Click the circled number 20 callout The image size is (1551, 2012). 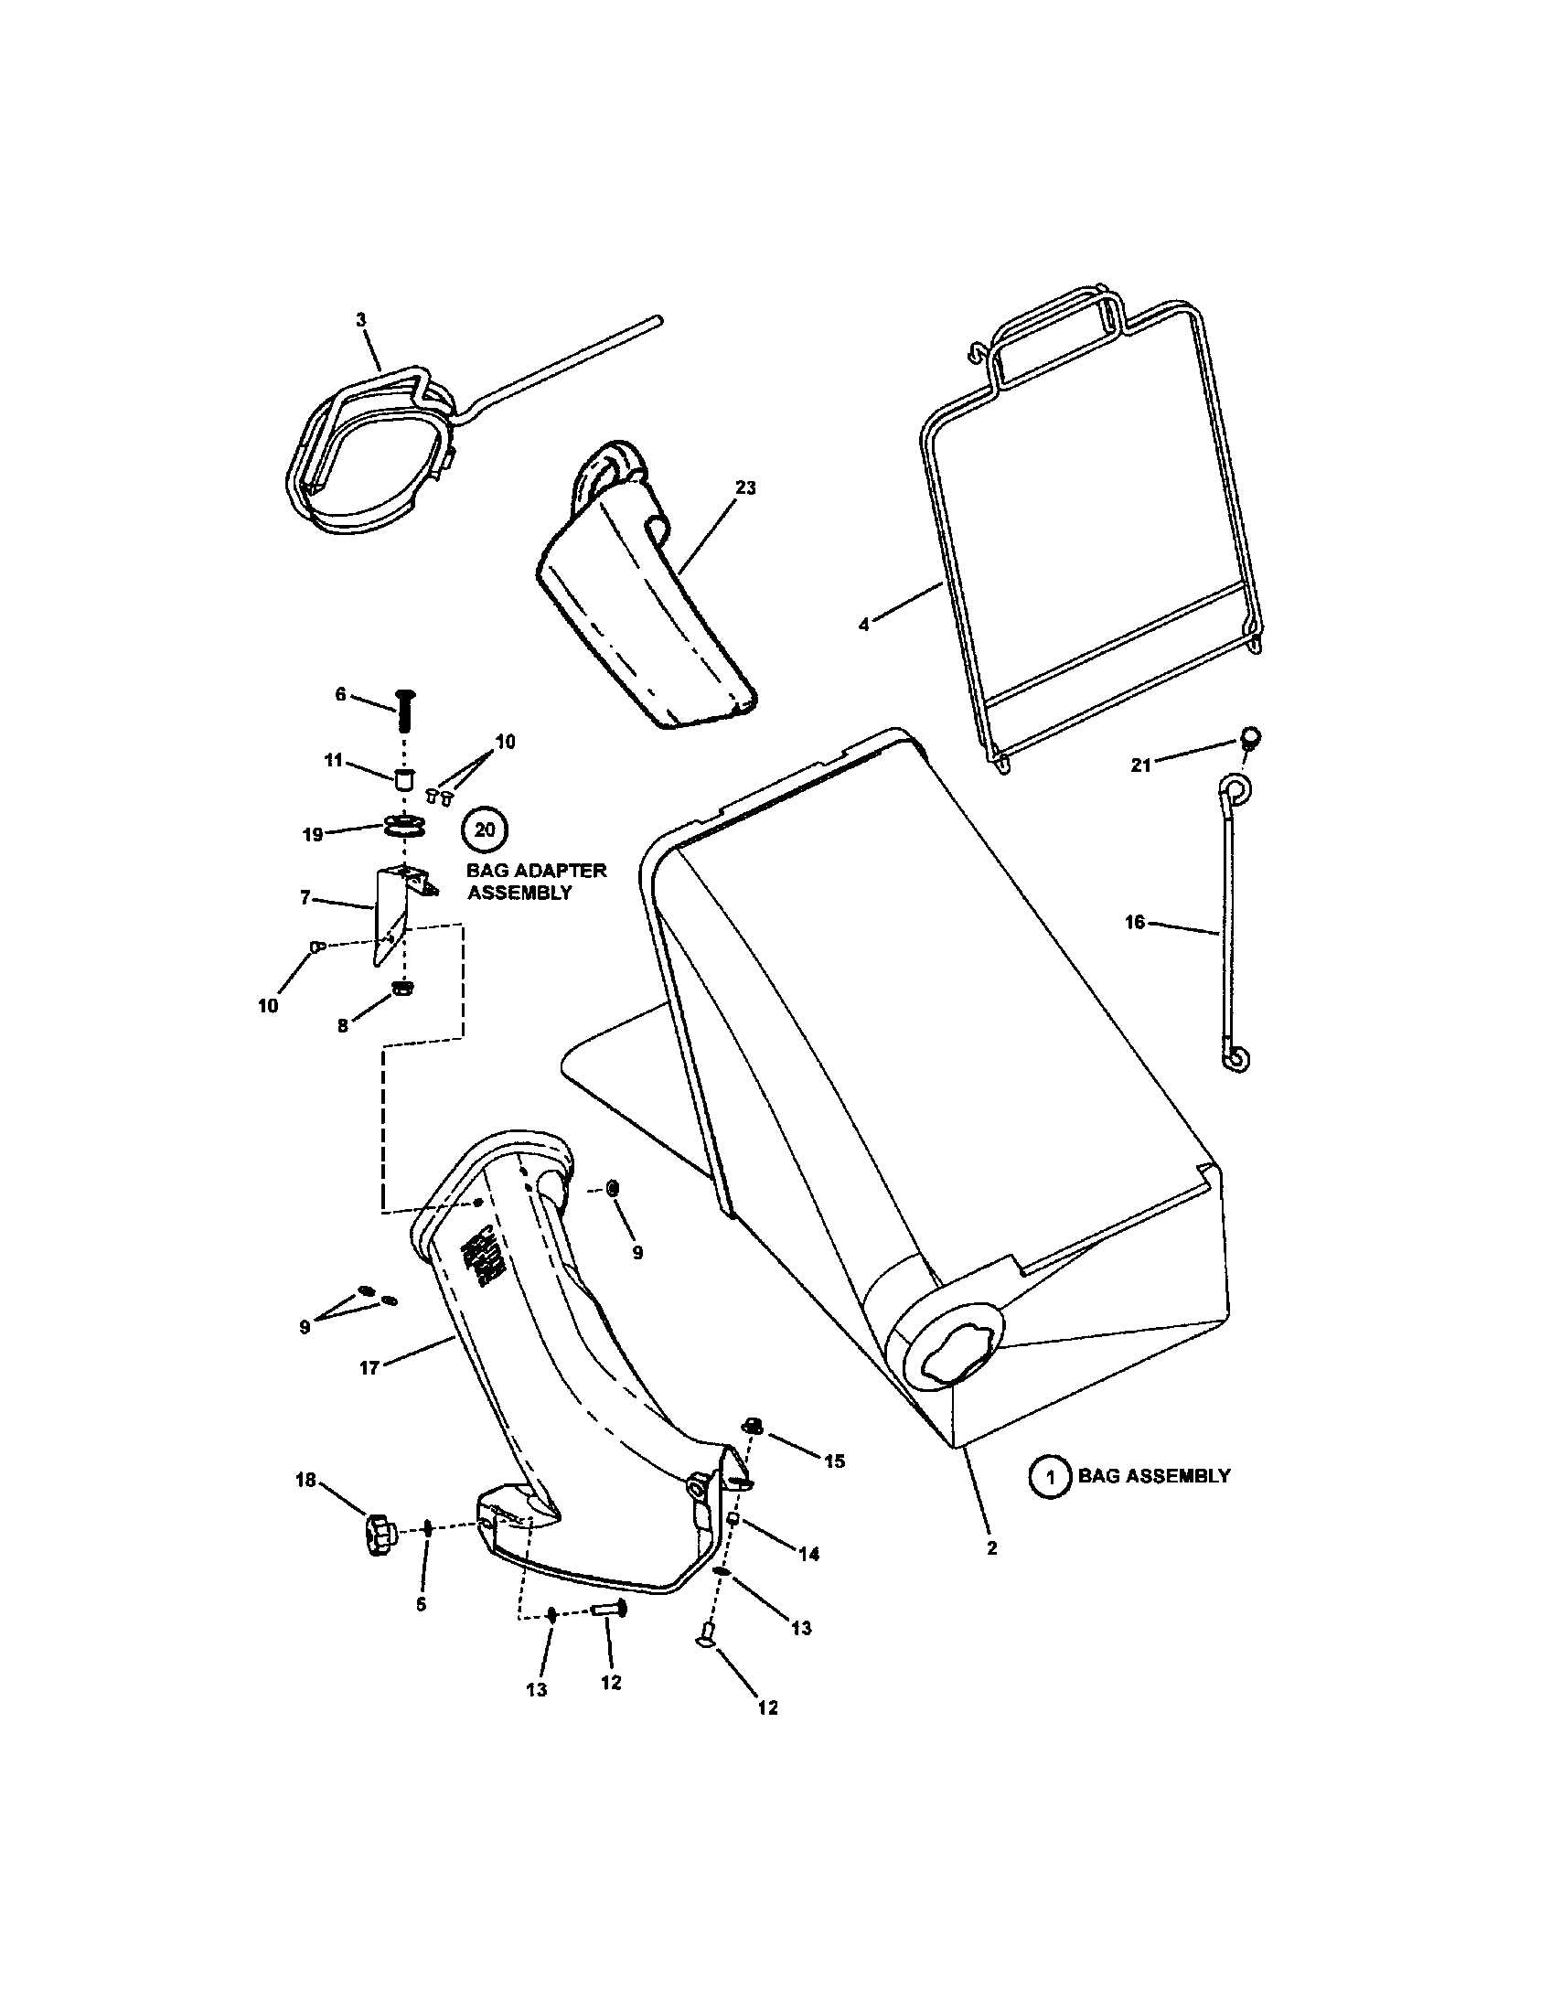coord(485,829)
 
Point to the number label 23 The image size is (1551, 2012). coord(745,487)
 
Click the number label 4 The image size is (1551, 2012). coord(863,624)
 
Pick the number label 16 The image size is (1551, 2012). coord(1135,921)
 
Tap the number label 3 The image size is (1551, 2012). coord(361,319)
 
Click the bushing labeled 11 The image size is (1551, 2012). coord(402,778)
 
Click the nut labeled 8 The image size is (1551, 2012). coord(401,988)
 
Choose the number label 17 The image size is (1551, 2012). coord(369,1394)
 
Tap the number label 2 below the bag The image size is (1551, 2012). coord(992,1547)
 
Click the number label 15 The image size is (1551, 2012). coord(833,1461)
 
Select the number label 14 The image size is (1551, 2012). coord(808,1553)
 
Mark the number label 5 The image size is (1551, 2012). coord(421,1604)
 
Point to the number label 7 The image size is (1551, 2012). coord(305,897)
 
